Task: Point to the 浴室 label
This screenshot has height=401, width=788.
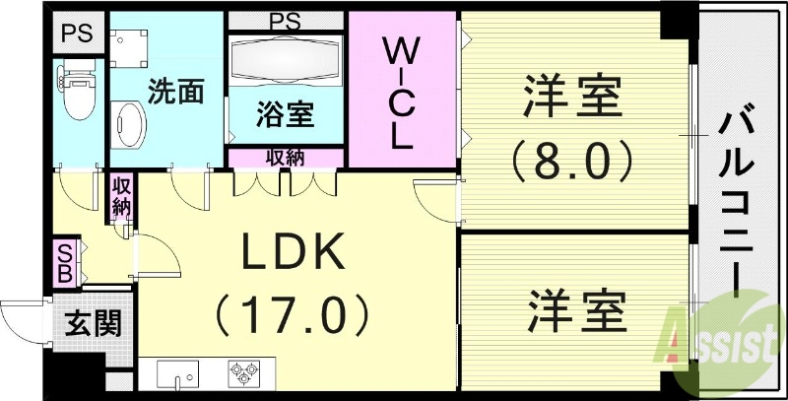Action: tap(286, 115)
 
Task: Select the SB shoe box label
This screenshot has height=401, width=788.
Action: tap(64, 261)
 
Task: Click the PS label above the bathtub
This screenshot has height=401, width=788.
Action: tap(285, 20)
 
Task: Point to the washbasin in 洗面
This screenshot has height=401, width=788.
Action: tap(129, 125)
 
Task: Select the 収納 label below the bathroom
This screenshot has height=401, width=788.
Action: tap(285, 157)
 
